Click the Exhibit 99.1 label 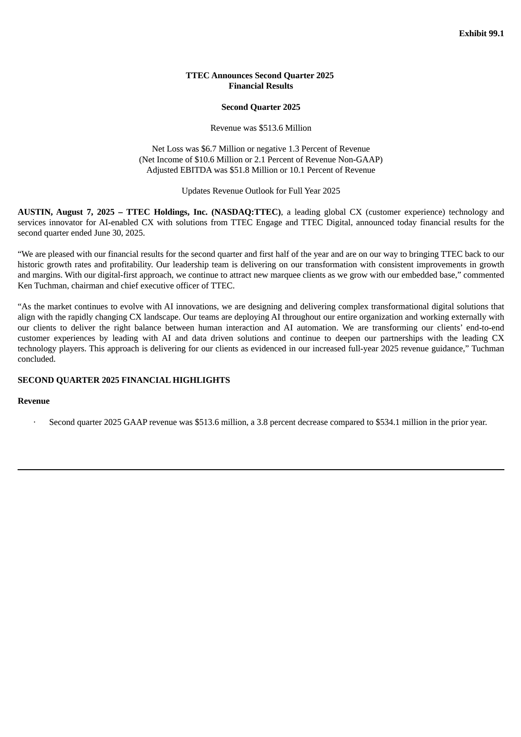481,34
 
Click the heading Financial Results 260,86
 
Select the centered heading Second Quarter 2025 260,107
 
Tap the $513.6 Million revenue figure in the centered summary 285,128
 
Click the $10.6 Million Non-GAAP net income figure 218,160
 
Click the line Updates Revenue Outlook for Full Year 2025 260,191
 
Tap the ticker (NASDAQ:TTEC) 246,212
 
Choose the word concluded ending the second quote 36,359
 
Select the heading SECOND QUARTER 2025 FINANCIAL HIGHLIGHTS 124,380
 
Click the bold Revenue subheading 34,401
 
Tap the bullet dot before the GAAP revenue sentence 34,423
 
